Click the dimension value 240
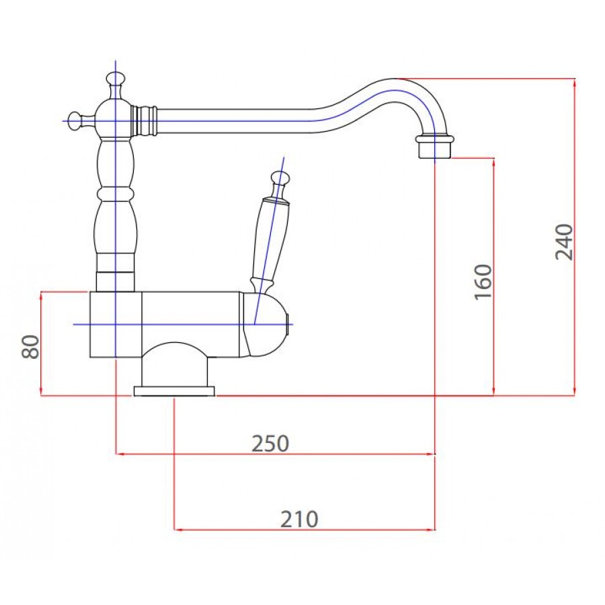point(564,242)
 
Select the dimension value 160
point(483,282)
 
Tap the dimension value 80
point(30,347)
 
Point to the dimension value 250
point(270,444)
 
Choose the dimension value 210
point(299,519)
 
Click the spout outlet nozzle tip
point(434,147)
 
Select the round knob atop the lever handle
point(280,178)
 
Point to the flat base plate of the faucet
point(174,391)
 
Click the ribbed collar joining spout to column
point(144,121)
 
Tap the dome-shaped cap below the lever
point(266,325)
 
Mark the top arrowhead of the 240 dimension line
point(575,82)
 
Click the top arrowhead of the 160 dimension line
point(493,161)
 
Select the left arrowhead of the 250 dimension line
point(120,454)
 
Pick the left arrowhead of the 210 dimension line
point(177,530)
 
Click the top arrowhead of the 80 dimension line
point(41,295)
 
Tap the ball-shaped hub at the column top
point(116,120)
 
